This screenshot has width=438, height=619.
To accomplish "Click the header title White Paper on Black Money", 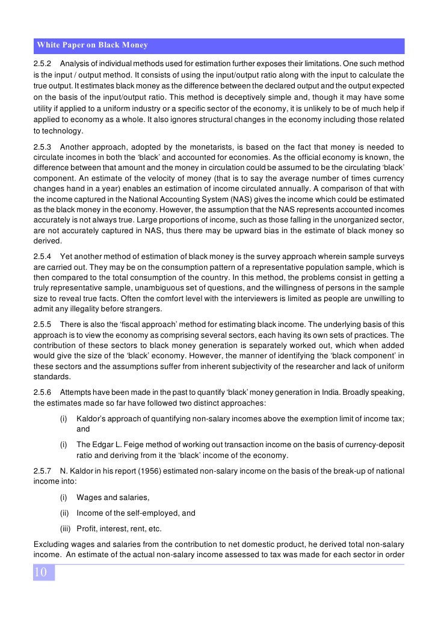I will (x=92, y=46).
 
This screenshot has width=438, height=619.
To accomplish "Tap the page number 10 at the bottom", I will (x=40, y=572).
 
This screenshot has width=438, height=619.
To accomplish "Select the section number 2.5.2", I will (x=43, y=64).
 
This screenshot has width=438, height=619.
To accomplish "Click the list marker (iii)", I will (x=66, y=529).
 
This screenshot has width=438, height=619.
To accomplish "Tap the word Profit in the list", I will (x=87, y=529).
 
